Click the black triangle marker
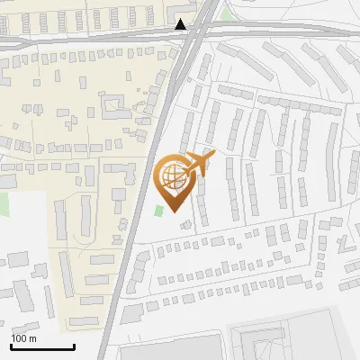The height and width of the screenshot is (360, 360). tap(182, 24)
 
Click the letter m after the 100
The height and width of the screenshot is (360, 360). tap(33, 338)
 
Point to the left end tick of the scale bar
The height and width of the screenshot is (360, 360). tap(11, 346)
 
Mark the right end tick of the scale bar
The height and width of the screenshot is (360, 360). tap(74, 346)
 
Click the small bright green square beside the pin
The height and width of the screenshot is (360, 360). tap(159, 210)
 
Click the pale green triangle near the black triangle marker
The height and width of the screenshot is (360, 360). tap(225, 13)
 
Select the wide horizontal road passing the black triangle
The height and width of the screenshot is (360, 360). tap(90, 39)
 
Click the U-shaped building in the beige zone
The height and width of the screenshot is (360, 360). tap(113, 108)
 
